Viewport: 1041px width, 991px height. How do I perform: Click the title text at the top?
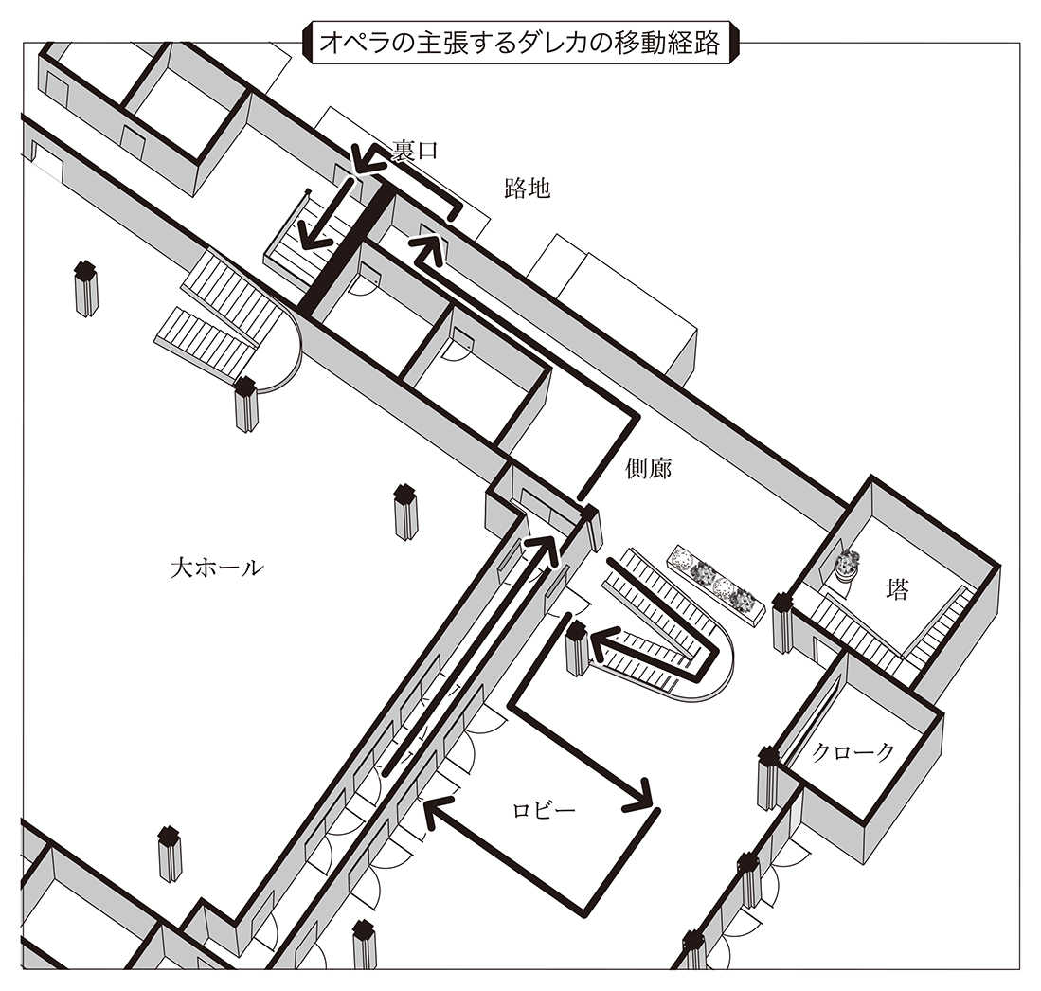(x=520, y=43)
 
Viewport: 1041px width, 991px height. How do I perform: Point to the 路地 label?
(x=527, y=189)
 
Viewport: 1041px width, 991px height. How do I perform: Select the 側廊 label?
(x=649, y=468)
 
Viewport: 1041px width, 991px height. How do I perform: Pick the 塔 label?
(x=897, y=591)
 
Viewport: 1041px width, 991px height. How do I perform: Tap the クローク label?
(x=853, y=753)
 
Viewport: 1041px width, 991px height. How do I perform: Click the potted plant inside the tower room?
(x=845, y=567)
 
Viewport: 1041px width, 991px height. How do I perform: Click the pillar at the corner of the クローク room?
(x=768, y=777)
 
